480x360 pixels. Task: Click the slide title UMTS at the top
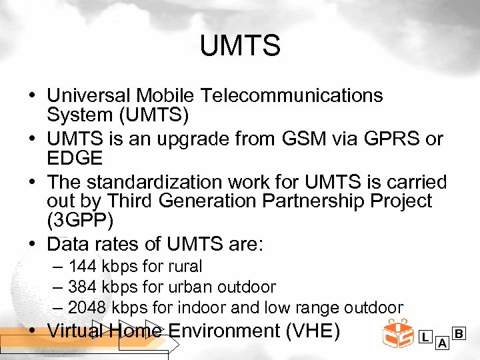[240, 47]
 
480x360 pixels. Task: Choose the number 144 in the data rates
[83, 267]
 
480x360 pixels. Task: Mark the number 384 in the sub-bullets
[83, 287]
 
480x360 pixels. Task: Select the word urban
[192, 287]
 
